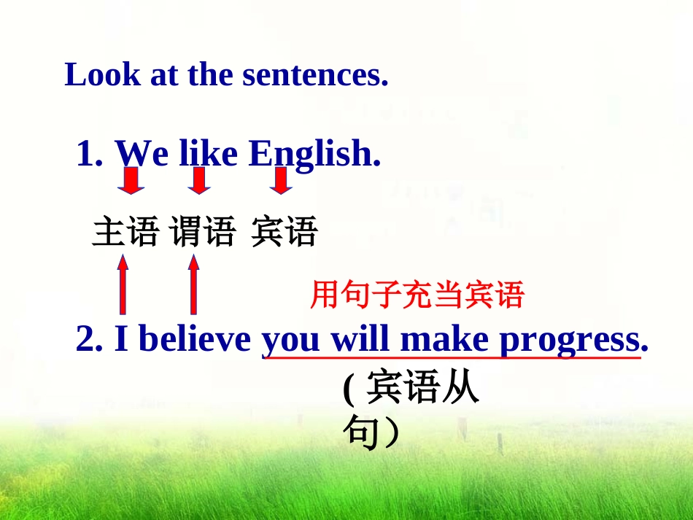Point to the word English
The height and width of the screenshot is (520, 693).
314,155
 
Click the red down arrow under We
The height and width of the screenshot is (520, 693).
131,181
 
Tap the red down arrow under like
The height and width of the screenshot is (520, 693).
198,181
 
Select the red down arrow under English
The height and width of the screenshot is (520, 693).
280,181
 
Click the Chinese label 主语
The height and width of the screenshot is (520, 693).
125,233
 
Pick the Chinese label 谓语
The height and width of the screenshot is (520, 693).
203,233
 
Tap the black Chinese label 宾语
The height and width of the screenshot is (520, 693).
284,233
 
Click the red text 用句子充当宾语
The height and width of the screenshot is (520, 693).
417,295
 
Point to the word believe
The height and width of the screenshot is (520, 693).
193,339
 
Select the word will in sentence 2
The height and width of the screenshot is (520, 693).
361,339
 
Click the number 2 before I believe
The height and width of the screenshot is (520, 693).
85,339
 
